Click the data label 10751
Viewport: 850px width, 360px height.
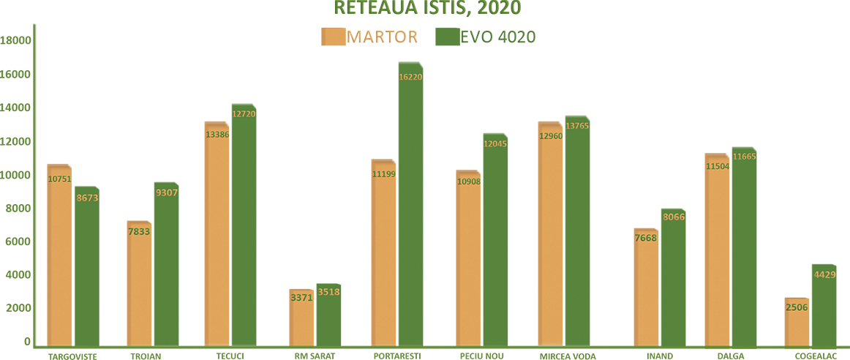(x=59, y=179)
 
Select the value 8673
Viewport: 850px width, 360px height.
(x=87, y=198)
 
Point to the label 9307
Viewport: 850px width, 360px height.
(x=167, y=192)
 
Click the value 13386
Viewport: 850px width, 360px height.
(x=219, y=135)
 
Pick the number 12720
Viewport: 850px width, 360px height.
(x=244, y=114)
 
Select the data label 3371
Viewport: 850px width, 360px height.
(x=301, y=297)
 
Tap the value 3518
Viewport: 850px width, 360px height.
(x=328, y=292)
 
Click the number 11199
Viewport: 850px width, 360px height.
(x=384, y=174)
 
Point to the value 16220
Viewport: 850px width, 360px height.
(x=410, y=76)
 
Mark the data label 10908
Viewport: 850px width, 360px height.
(x=469, y=181)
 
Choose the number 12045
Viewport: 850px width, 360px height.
(x=495, y=144)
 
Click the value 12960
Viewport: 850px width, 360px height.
(x=552, y=136)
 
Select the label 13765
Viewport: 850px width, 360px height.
(x=577, y=127)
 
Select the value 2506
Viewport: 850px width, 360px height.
(x=797, y=307)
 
